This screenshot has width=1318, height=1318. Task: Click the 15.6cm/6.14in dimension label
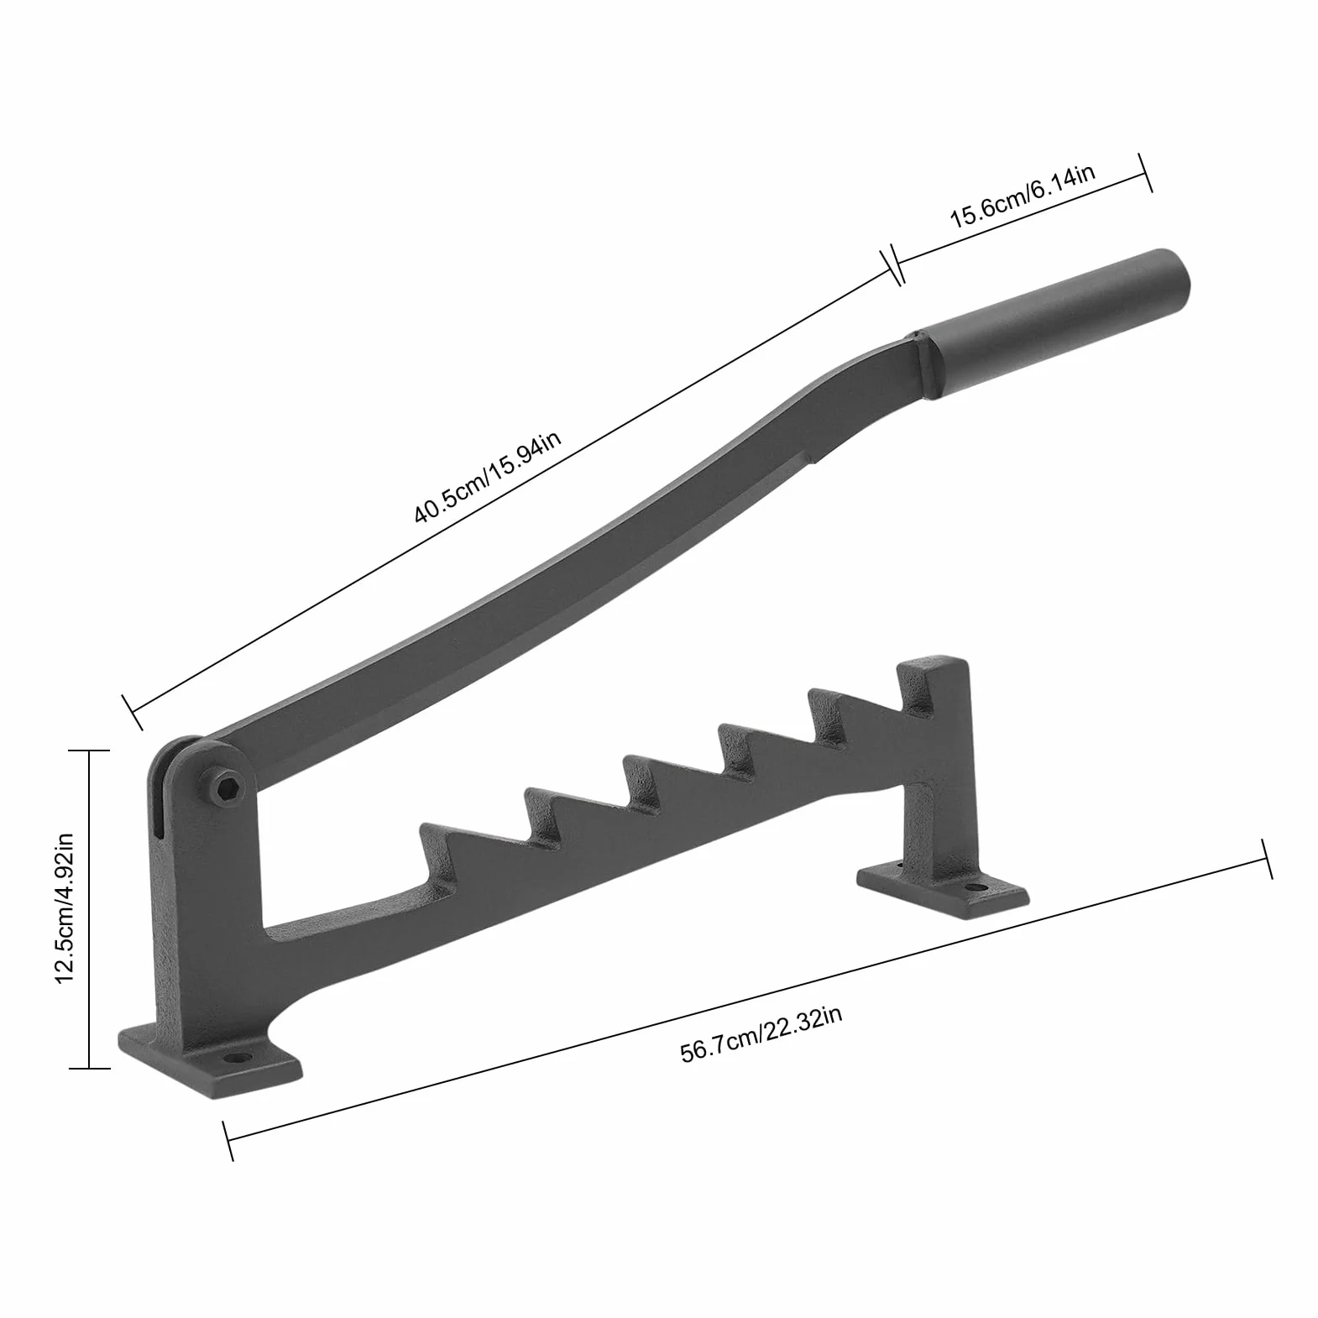pyautogui.click(x=1022, y=197)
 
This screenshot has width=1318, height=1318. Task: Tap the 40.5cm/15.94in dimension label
pyautogui.click(x=487, y=477)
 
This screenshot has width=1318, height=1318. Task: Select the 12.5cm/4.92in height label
pyautogui.click(x=65, y=908)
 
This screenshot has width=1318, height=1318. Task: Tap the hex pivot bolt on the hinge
pyautogui.click(x=225, y=787)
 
